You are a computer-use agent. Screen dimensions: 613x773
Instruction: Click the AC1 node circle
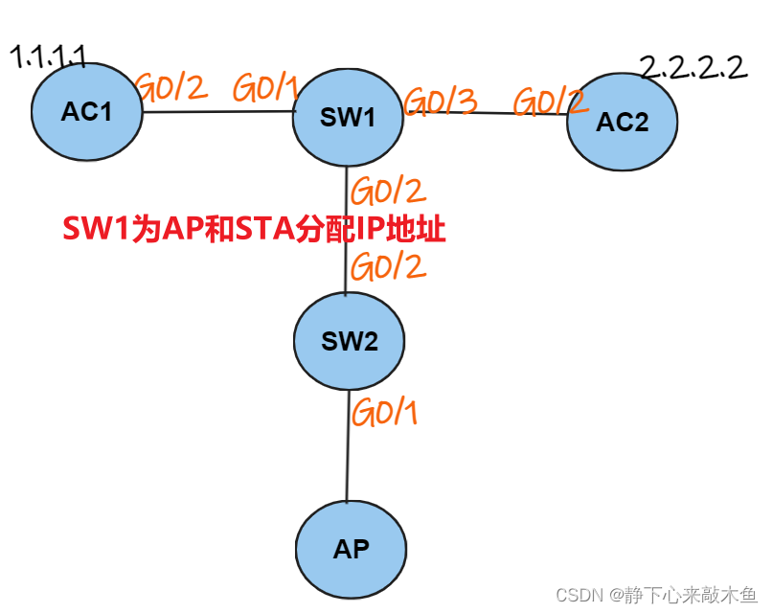[x=86, y=112]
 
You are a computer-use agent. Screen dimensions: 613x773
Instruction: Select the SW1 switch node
[x=348, y=117]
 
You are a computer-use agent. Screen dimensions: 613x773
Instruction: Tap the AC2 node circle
[x=622, y=122]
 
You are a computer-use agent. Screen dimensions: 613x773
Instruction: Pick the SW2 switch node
[x=350, y=341]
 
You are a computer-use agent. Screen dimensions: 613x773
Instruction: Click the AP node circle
[x=351, y=549]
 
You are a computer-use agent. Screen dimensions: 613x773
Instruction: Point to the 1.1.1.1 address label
[x=48, y=57]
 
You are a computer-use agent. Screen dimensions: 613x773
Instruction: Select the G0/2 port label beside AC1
[x=172, y=88]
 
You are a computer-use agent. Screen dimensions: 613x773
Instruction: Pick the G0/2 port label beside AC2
[x=549, y=102]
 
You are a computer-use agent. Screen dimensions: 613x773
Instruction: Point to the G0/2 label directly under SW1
[x=388, y=191]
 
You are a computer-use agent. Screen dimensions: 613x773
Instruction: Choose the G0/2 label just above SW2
[x=388, y=265]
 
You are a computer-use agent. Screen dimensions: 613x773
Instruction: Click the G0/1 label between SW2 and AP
[x=385, y=413]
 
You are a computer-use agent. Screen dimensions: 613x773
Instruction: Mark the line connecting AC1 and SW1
[x=218, y=112]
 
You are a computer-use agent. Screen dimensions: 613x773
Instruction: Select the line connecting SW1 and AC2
[x=484, y=114]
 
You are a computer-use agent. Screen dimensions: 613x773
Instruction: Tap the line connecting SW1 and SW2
[x=346, y=230]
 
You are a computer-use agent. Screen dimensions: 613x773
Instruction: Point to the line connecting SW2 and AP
[x=347, y=445]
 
